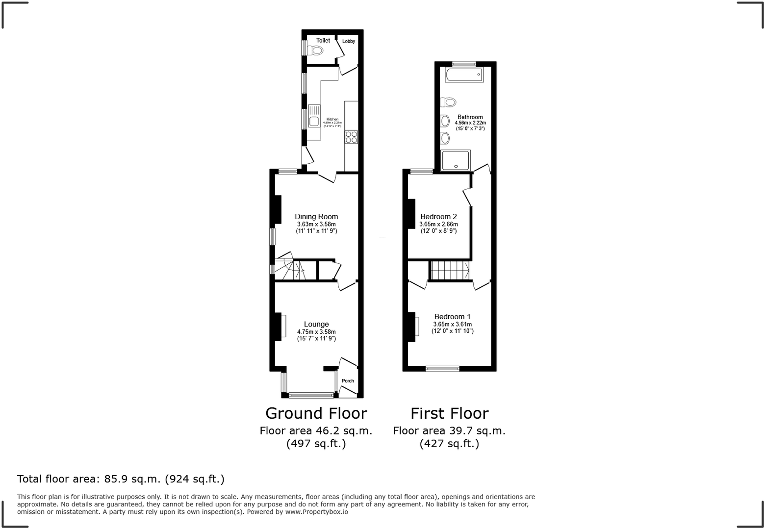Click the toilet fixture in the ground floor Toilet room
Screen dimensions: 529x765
tap(316, 50)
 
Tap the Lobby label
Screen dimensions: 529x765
tap(349, 41)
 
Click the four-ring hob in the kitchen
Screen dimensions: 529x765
tap(351, 137)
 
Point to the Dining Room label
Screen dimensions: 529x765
tap(316, 217)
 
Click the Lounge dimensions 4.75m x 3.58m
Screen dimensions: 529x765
tap(316, 332)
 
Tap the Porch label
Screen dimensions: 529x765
tap(348, 381)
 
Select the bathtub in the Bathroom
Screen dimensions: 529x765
tap(464, 75)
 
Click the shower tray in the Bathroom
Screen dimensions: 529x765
tap(456, 160)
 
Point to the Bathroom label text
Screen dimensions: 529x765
tap(470, 117)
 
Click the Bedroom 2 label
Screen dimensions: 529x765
tap(438, 217)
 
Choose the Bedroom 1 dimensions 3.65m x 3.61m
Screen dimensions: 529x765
tap(452, 325)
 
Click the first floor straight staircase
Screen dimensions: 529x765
tap(449, 270)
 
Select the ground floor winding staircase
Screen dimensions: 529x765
tap(289, 269)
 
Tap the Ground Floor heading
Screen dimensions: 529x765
tap(316, 413)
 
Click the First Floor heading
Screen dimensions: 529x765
tap(449, 413)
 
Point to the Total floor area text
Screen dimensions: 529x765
tap(121, 479)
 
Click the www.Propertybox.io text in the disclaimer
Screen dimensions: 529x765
tap(317, 512)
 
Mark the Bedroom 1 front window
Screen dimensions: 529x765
tap(442, 369)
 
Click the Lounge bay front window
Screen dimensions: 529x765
tap(311, 395)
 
